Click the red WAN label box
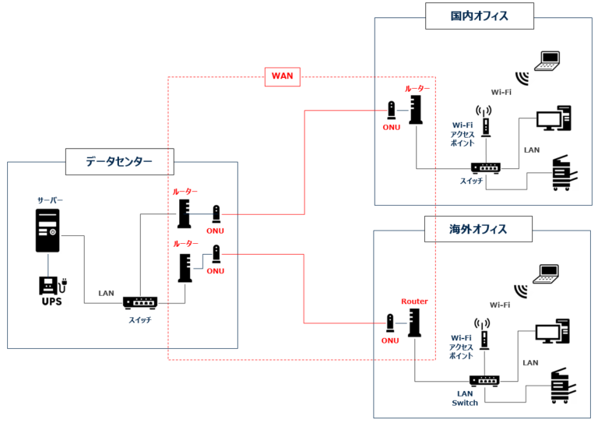tap(282, 76)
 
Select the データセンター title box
tap(120, 162)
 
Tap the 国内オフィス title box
tap(480, 16)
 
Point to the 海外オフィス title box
tap(478, 229)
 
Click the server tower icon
tap(47, 231)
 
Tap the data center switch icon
tap(140, 303)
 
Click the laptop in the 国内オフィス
tap(547, 61)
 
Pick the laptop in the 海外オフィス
tap(546, 274)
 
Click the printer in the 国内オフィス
tap(565, 173)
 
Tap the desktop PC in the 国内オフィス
tap(554, 118)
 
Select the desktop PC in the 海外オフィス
tap(553, 331)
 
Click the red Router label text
tap(414, 301)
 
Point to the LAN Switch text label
tap(465, 398)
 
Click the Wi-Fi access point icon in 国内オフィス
tap(484, 122)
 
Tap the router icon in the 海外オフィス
tap(414, 323)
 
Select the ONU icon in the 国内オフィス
tap(392, 111)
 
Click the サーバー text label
tap(50, 200)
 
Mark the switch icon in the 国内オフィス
tap(486, 167)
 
